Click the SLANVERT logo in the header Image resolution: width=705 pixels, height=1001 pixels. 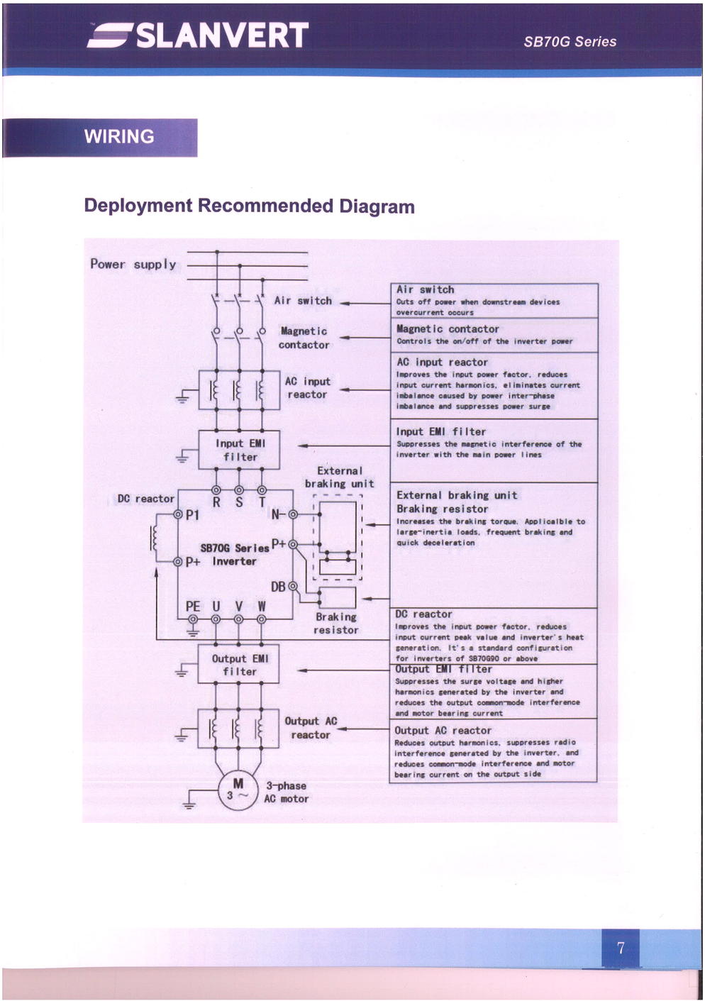tap(199, 35)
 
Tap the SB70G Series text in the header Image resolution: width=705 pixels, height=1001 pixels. tap(570, 42)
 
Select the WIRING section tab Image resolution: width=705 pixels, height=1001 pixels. tap(119, 136)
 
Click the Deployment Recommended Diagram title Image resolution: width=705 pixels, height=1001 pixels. tap(249, 206)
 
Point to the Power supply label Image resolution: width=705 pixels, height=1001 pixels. tap(133, 264)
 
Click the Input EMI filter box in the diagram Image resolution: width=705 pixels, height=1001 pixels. tap(239, 450)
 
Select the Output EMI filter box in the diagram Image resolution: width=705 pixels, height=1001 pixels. tap(239, 665)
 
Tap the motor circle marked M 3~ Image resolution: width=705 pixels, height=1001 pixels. tap(238, 790)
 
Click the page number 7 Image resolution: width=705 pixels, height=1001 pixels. tap(621, 948)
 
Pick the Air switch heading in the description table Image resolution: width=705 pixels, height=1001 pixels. tap(426, 289)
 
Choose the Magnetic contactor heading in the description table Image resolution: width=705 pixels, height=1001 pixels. tap(448, 329)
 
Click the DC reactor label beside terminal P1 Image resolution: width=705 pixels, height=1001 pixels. tap(145, 499)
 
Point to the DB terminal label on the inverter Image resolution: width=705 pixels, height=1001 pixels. tap(278, 587)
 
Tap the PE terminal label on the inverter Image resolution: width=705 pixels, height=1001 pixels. tap(193, 607)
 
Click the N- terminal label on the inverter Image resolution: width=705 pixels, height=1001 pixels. tap(279, 514)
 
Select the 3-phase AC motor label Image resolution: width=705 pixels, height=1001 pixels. tap(287, 792)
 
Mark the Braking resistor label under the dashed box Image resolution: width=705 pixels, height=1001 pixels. tap(336, 624)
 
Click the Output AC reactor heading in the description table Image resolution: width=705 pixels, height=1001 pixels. tap(443, 730)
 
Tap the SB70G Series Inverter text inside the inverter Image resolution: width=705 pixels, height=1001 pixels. tap(234, 555)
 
